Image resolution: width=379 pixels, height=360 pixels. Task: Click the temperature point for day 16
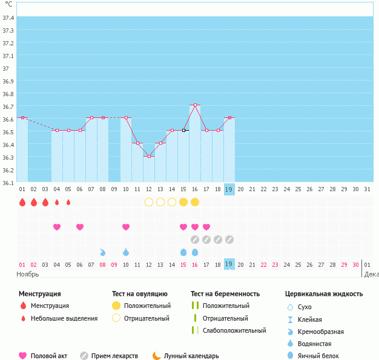click(x=195, y=105)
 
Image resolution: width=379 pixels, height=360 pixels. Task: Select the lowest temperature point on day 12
click(x=149, y=156)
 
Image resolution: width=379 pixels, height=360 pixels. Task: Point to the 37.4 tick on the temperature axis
click(x=8, y=18)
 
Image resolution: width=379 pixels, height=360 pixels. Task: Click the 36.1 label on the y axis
click(x=8, y=182)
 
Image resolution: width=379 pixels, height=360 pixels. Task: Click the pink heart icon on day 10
click(x=126, y=227)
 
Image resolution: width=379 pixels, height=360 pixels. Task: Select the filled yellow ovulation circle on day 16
click(x=195, y=201)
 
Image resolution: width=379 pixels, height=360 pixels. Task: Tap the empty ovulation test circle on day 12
click(x=149, y=201)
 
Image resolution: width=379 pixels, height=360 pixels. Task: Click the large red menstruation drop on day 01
click(x=22, y=202)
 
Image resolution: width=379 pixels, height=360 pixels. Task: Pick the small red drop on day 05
click(x=68, y=202)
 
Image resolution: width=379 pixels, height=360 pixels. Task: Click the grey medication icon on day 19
click(x=229, y=240)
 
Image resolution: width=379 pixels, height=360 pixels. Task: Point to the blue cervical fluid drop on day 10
click(x=126, y=252)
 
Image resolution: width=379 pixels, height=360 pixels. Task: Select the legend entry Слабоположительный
click(x=234, y=330)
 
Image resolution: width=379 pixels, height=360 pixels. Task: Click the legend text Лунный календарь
click(x=192, y=356)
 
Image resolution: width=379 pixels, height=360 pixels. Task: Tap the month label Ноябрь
click(x=28, y=273)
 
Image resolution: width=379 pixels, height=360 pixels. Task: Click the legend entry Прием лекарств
click(x=114, y=356)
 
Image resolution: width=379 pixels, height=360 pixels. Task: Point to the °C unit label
click(x=8, y=4)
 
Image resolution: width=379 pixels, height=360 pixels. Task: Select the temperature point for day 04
click(x=57, y=130)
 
